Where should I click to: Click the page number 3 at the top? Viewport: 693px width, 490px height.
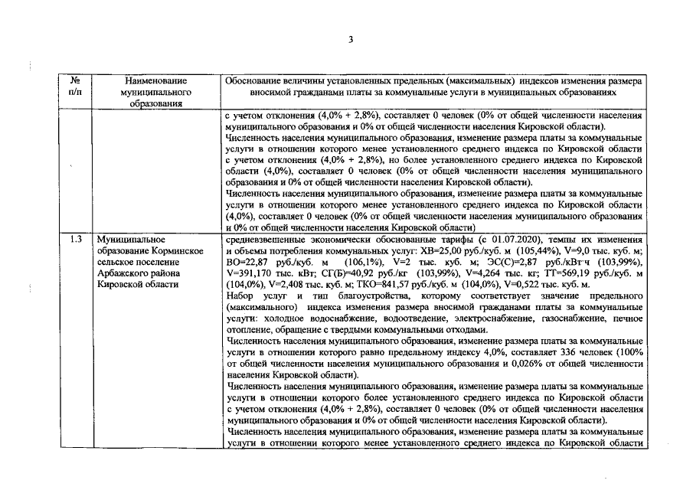(349, 40)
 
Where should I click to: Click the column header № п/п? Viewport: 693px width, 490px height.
(76, 85)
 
